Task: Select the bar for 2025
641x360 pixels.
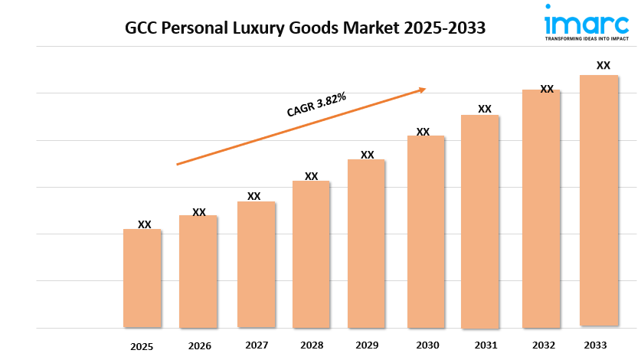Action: point(142,278)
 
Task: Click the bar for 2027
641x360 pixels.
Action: point(256,264)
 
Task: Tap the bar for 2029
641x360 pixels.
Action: point(366,244)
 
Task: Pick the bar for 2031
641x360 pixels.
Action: point(480,221)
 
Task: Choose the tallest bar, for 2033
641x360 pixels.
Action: point(599,201)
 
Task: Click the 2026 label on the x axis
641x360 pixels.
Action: point(199,345)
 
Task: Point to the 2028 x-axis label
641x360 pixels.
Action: point(312,345)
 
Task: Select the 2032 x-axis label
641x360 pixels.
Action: point(544,345)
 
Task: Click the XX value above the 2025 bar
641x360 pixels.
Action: point(145,224)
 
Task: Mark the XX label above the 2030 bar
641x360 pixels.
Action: point(423,132)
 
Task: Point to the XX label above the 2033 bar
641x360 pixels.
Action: point(603,65)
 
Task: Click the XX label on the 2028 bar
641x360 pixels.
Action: point(312,176)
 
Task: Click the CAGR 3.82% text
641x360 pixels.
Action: point(316,105)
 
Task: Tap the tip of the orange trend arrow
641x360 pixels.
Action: point(425,89)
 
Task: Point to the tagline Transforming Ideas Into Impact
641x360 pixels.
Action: point(586,37)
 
